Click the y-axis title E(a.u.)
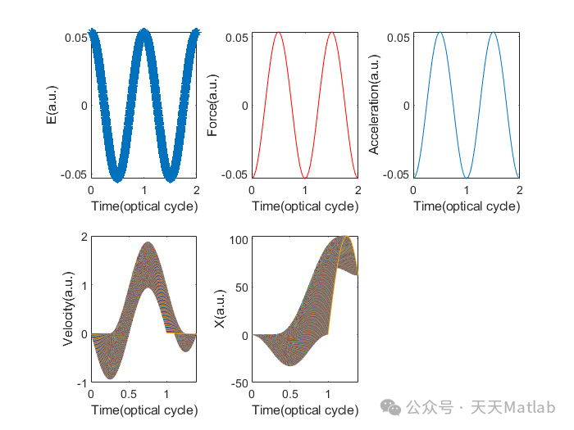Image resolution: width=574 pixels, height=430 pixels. [x=52, y=106]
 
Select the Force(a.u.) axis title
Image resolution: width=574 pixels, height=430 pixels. [x=213, y=106]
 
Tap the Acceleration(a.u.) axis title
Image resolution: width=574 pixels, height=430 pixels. [x=375, y=106]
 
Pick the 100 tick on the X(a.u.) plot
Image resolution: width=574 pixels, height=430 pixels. [x=239, y=239]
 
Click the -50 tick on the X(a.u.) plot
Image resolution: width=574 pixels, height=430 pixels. [x=239, y=383]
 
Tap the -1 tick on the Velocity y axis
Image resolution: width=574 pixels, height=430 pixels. [x=82, y=383]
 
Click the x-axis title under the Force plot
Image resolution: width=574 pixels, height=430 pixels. [x=305, y=206]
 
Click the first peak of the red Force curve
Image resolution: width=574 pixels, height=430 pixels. [x=278, y=33]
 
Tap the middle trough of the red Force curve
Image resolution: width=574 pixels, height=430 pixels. [x=305, y=178]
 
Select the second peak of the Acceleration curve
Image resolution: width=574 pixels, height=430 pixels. [x=493, y=33]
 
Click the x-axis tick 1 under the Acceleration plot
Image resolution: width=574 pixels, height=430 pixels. [x=467, y=190]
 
